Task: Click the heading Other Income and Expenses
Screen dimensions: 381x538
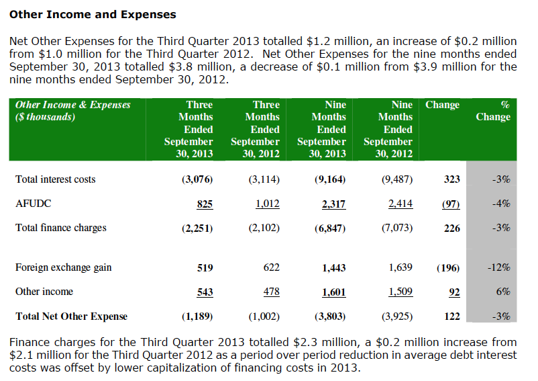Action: (93, 14)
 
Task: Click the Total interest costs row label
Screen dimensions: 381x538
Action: (55, 179)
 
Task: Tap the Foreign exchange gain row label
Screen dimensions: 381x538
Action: (63, 267)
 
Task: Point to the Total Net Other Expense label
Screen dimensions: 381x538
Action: (71, 316)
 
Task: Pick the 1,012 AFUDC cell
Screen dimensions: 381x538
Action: (268, 204)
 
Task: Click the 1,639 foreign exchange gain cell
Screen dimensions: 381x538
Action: (400, 267)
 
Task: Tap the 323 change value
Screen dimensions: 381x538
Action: (452, 179)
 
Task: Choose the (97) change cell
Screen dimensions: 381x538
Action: (450, 204)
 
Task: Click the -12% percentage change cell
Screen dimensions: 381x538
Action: (498, 267)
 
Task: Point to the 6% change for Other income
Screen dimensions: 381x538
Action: (503, 292)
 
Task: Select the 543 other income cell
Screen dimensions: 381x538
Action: (205, 292)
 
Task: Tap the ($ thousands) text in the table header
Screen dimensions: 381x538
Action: (45, 117)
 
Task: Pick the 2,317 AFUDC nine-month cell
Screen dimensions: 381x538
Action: (334, 204)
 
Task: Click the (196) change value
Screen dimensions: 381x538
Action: (447, 267)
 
